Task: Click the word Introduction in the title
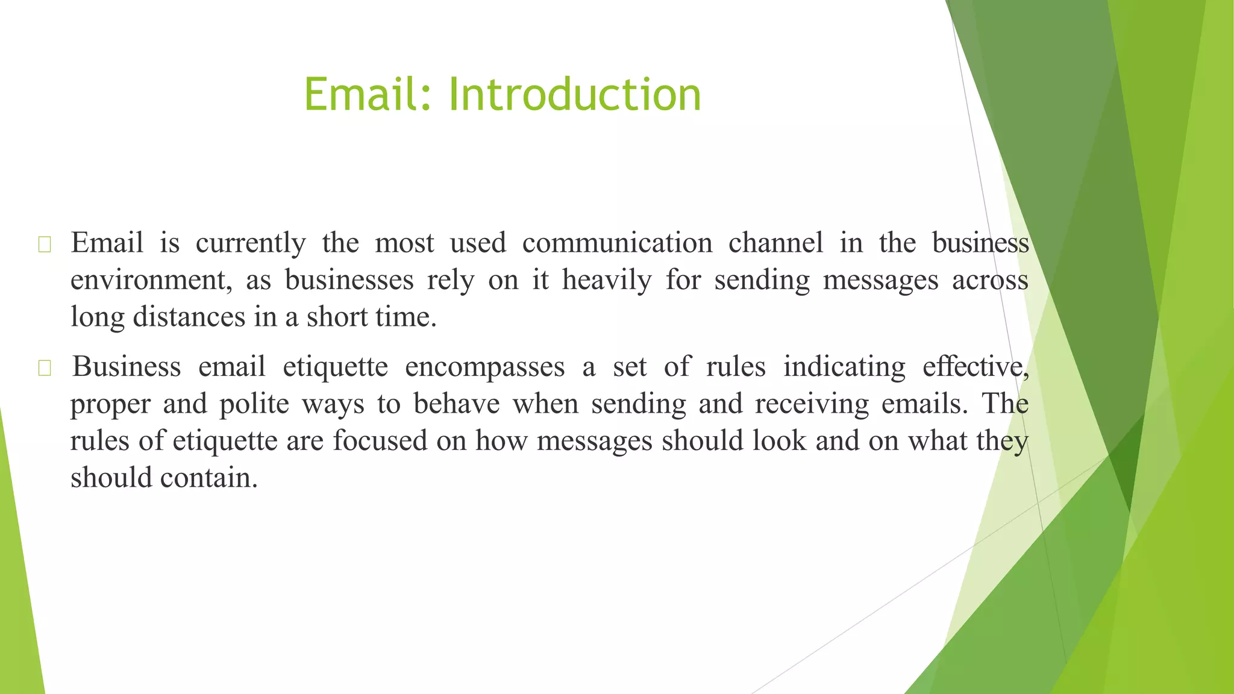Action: [575, 95]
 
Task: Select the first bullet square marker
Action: [45, 245]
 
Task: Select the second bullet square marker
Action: [45, 368]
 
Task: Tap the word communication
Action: [617, 243]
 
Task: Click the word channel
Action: [775, 243]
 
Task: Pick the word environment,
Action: [151, 281]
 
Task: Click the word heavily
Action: [607, 281]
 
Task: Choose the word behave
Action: [457, 404]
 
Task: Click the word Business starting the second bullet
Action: [127, 367]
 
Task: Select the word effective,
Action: [975, 367]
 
